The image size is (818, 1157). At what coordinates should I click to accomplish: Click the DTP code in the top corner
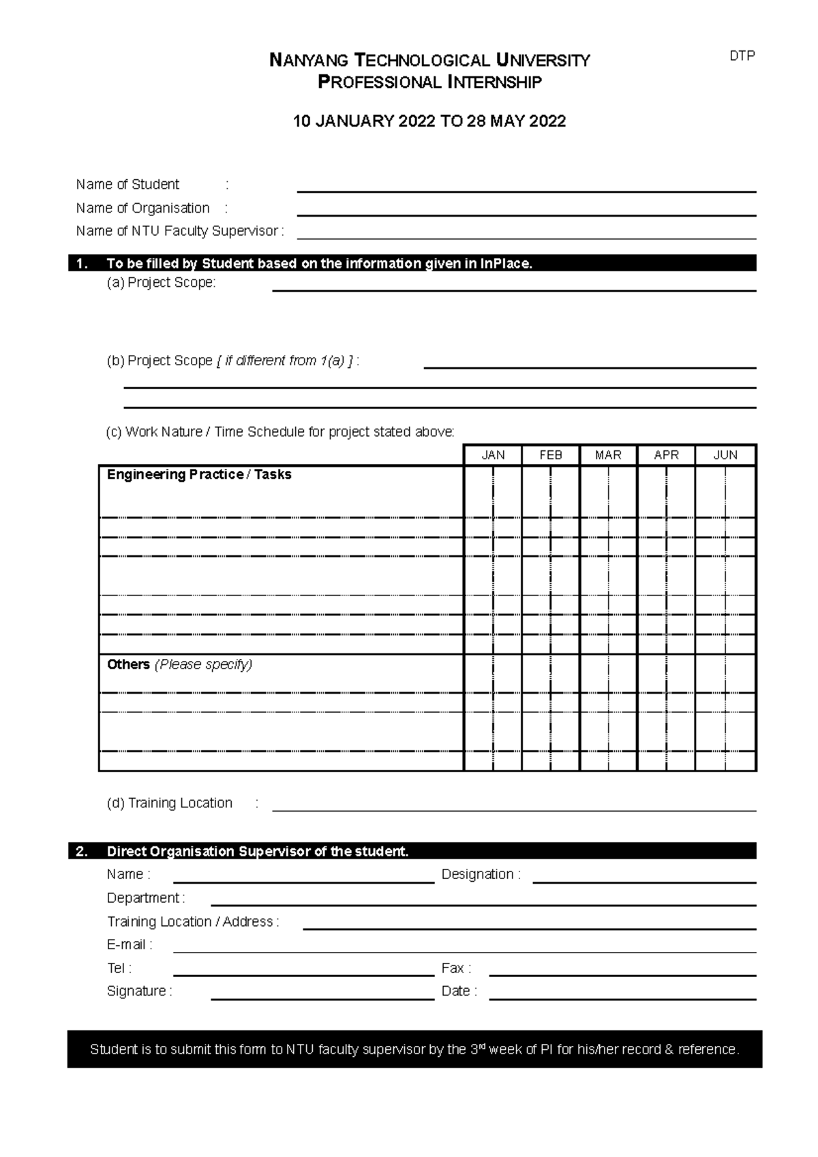[742, 57]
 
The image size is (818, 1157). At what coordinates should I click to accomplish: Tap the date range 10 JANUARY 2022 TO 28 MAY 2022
[429, 122]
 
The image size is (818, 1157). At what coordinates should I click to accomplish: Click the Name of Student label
[127, 185]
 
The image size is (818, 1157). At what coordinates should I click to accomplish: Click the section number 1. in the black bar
[82, 264]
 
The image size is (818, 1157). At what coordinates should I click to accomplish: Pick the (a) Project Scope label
[161, 283]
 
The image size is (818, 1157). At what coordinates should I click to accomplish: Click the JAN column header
[493, 455]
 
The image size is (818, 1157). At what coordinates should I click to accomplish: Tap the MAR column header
[608, 455]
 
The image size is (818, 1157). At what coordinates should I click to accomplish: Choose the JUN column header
[725, 455]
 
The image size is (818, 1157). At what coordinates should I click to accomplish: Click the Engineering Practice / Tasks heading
[199, 475]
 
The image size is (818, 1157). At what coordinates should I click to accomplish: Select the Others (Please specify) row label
[179, 665]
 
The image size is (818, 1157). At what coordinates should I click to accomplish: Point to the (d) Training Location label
[169, 803]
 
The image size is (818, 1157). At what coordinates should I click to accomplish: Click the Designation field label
[481, 875]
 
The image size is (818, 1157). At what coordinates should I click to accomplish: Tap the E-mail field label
[129, 945]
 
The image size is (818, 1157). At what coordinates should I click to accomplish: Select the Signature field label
[139, 991]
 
